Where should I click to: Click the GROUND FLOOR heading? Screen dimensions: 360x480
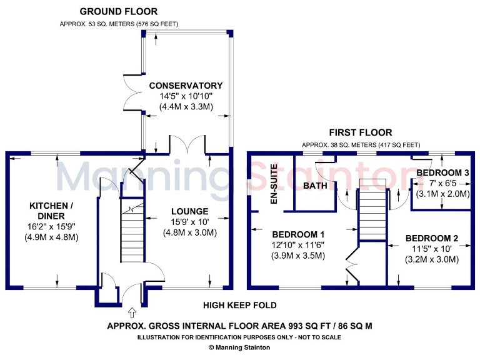[x=118, y=11]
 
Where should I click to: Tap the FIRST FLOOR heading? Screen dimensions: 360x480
[x=361, y=132]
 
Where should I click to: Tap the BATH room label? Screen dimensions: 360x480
[x=315, y=186]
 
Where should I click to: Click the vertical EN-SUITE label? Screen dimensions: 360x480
[x=273, y=184]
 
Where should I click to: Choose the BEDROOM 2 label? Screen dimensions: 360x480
[x=432, y=238]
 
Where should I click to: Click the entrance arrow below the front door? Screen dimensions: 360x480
[x=132, y=311]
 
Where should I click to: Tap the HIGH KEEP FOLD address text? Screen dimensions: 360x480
[x=239, y=306]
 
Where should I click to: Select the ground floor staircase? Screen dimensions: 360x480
[x=132, y=237]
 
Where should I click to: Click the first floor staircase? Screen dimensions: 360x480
[x=371, y=212]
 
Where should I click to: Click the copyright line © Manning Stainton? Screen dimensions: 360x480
[x=239, y=347]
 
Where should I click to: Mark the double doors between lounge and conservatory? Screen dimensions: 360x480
[x=189, y=145]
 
